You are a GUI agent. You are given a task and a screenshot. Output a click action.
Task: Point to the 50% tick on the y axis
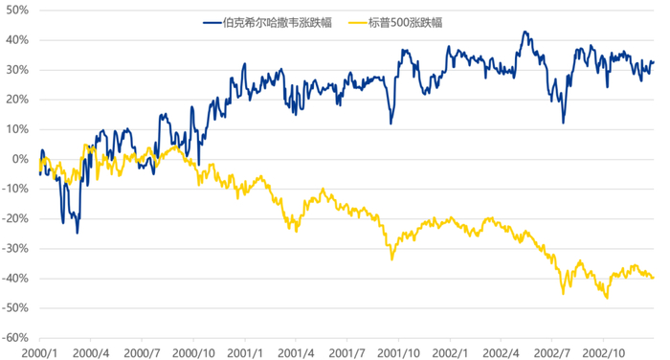coord(18,10)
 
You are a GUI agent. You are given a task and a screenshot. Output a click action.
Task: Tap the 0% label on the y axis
coord(21,159)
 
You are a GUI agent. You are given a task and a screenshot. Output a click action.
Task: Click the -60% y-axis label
coord(16,338)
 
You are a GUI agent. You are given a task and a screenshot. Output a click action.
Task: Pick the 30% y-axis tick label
coord(18,70)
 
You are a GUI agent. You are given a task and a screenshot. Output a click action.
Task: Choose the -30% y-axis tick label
coord(16,248)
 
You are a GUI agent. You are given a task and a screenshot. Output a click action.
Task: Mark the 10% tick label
coord(18,129)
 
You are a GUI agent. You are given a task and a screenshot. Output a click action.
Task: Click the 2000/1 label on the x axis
coord(39,351)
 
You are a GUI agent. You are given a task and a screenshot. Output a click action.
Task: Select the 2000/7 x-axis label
coord(142,351)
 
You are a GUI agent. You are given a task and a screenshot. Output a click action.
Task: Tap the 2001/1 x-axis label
coord(245,351)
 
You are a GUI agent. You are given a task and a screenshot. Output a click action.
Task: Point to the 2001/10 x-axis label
coord(400,351)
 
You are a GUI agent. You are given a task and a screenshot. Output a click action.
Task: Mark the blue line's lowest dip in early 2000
coord(78,232)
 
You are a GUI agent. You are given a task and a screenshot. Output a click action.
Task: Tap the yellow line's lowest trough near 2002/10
coord(607,298)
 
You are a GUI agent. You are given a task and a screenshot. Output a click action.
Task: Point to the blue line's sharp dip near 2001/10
coord(391,123)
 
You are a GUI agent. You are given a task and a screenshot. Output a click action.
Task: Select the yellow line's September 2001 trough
coord(391,259)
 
